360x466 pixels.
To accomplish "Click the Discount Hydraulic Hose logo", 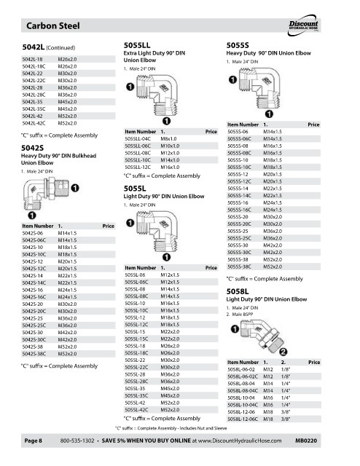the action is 303,25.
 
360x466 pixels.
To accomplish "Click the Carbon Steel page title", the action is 53,26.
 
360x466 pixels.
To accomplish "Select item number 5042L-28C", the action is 34,95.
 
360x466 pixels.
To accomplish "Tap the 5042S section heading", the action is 33,148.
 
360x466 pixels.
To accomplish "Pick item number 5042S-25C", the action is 34,325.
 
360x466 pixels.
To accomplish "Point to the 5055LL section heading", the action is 137,45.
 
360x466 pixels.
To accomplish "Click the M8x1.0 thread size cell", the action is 168,139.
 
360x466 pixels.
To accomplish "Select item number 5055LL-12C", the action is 138,167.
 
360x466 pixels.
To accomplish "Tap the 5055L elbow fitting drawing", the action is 157,231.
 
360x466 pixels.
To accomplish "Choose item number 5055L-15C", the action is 136,339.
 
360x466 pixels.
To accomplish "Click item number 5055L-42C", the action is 136,410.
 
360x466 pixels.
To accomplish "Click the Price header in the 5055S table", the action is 313,125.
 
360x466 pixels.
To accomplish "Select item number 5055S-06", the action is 238,132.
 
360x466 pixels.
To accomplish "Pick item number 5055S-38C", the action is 239,266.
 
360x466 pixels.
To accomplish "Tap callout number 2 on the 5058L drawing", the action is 283,352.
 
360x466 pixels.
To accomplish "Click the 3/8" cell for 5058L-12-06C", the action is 286,419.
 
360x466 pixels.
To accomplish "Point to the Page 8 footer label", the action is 34,441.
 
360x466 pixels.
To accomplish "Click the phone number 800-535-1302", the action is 77,441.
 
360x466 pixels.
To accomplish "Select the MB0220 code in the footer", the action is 306,441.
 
